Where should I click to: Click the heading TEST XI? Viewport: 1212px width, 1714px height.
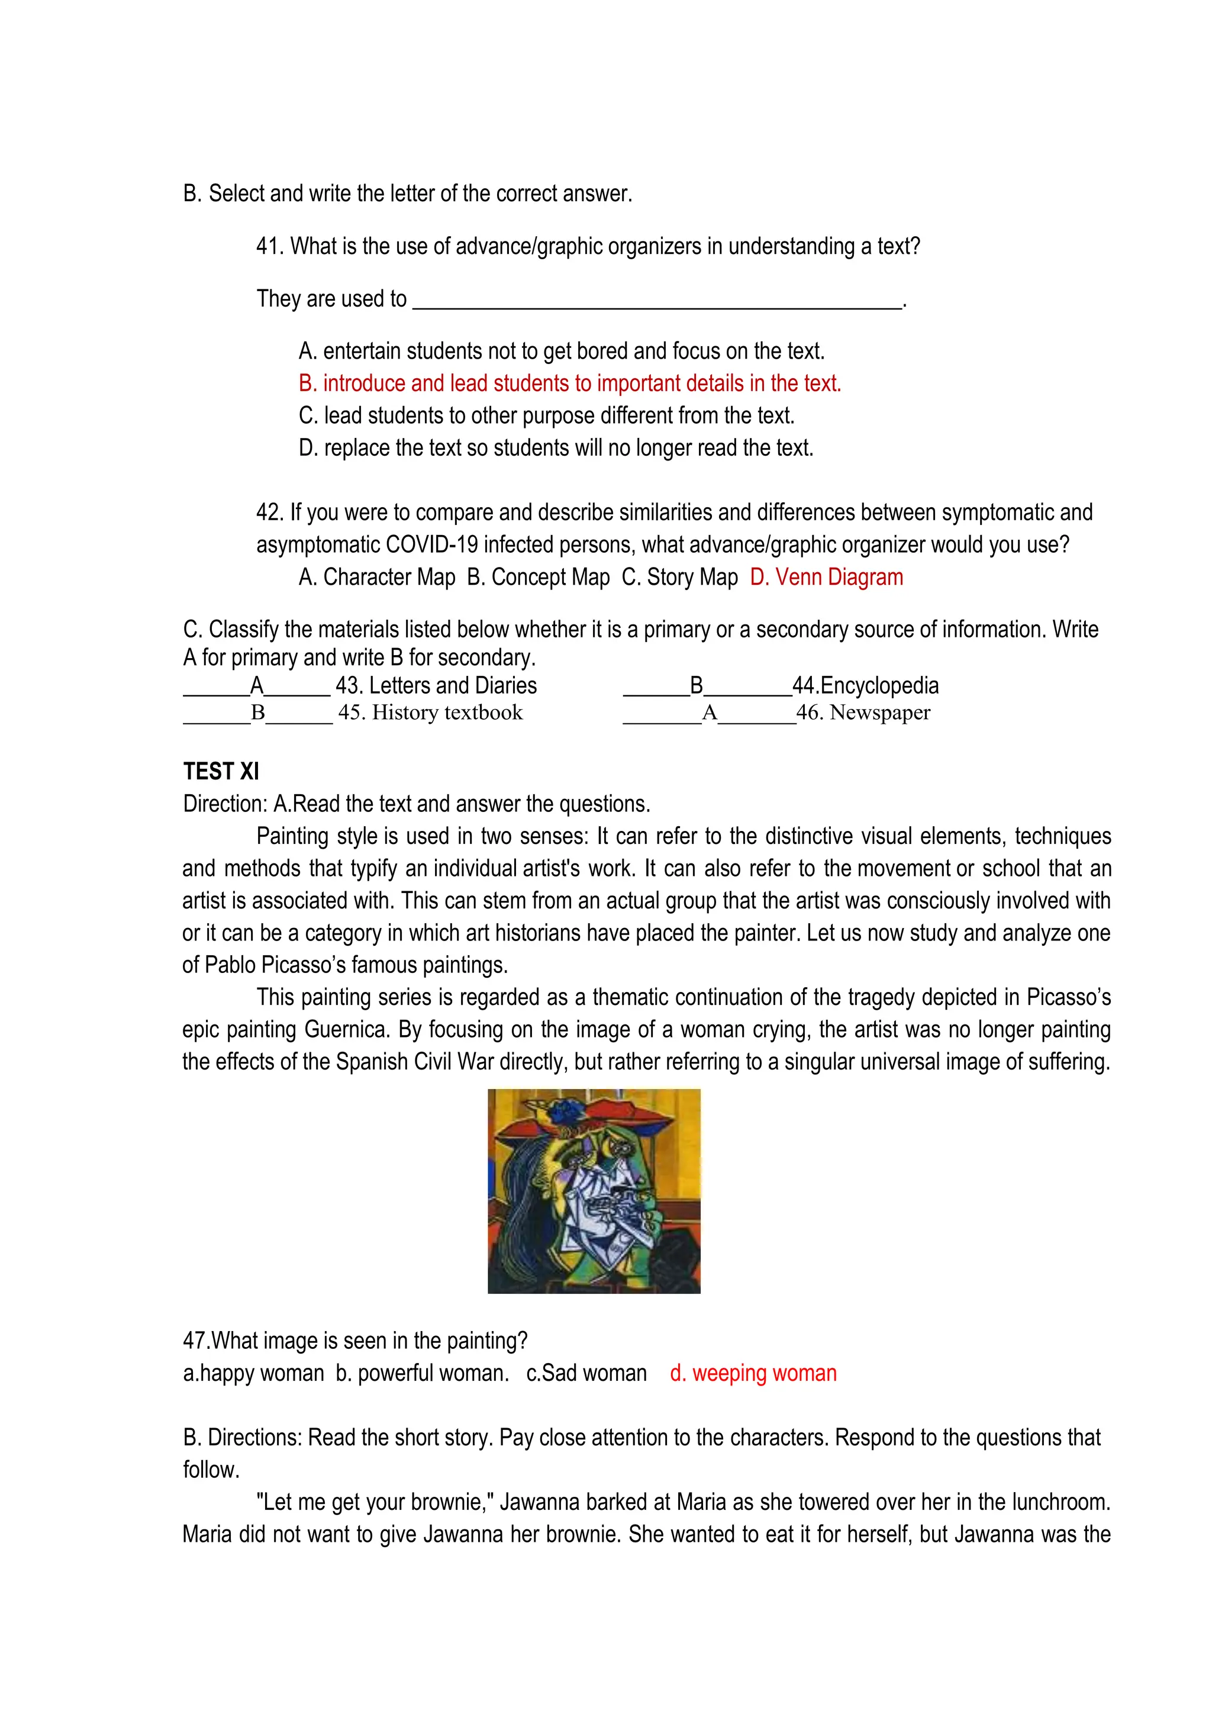(221, 771)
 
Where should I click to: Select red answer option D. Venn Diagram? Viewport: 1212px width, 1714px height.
(826, 577)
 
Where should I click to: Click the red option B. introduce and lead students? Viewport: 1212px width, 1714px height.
(569, 383)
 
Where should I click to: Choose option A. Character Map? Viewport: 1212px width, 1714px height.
(377, 577)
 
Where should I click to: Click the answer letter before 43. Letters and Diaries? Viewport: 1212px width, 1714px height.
(257, 685)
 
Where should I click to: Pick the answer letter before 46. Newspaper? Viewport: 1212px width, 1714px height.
(709, 713)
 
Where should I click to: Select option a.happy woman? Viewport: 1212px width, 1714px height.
(254, 1374)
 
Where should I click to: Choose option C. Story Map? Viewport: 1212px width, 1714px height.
(679, 577)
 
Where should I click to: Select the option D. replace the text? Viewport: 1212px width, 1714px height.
(556, 448)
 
